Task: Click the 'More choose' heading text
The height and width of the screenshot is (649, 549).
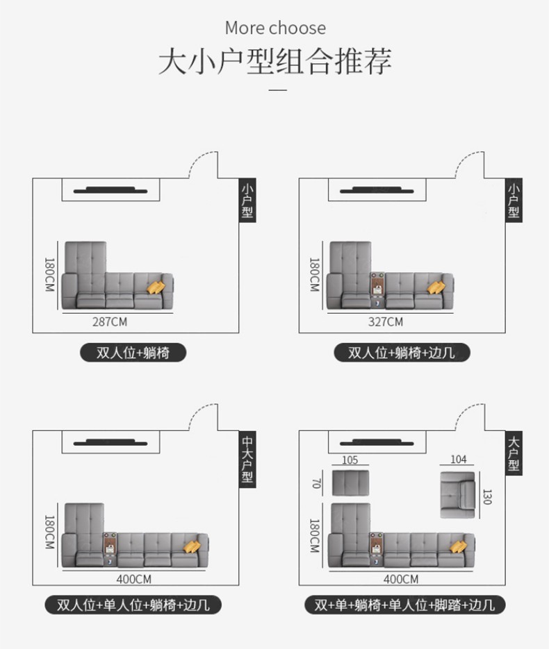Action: tap(275, 28)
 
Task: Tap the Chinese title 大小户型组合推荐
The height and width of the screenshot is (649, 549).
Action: tap(275, 61)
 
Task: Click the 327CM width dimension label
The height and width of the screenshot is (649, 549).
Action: tap(385, 322)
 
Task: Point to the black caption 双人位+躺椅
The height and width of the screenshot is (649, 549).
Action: tap(133, 353)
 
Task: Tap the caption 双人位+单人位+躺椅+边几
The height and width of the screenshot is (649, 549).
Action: tap(132, 604)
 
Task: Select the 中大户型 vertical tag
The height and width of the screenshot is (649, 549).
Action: tap(247, 460)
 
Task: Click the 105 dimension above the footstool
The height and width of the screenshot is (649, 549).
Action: tap(350, 460)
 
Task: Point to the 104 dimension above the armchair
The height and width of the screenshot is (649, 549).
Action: tap(459, 460)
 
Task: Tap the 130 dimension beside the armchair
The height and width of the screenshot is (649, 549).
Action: tap(486, 497)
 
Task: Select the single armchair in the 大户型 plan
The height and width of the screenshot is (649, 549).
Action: tap(458, 494)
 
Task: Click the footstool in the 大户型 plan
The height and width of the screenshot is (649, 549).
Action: tap(350, 483)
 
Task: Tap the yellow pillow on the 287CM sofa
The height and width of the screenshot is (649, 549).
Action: tap(156, 286)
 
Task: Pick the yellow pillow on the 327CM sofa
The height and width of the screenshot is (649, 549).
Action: tap(437, 287)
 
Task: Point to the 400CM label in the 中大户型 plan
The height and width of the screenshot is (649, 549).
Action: tap(134, 578)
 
